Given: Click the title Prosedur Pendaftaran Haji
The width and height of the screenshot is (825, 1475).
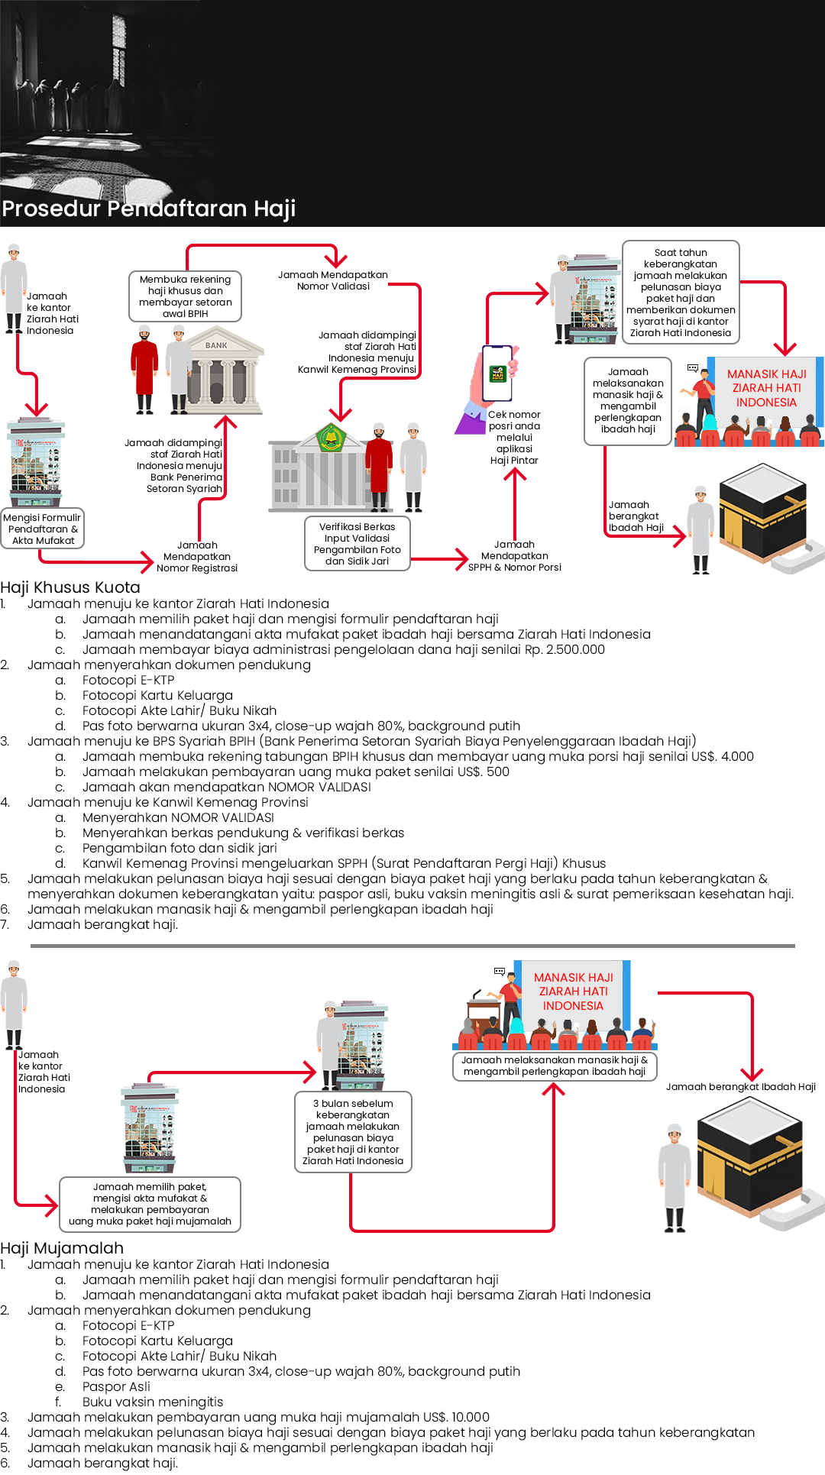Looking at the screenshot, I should coord(149,209).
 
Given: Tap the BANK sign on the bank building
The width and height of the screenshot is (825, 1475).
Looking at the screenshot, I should coord(216,345).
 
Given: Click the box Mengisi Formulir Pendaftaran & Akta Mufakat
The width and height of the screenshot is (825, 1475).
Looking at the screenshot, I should coord(43,529).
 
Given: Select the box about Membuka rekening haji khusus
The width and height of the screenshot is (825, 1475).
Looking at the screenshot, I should coord(186,296).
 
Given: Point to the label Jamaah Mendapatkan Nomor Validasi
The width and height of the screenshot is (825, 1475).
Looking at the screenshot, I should coord(333,280).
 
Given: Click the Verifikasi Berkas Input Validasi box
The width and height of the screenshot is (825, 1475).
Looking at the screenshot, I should coord(357,544).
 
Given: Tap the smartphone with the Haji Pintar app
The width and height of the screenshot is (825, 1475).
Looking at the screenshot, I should coord(498,374).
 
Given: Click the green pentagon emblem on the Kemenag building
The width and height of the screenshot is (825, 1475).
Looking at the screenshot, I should coord(331,438).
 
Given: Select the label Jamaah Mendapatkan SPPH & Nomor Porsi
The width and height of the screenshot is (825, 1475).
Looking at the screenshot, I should coord(514,556).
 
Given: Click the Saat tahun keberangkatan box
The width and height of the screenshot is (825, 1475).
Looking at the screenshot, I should coord(681,293).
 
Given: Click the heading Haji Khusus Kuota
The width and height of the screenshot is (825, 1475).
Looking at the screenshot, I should coord(70,587).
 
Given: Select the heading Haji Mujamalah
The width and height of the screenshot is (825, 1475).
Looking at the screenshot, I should coord(62,1248).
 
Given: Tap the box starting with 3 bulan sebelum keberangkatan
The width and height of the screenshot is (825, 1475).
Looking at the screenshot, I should coord(353,1132).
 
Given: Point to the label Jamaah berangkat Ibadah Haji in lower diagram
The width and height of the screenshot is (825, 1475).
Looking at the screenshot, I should coord(740,1087).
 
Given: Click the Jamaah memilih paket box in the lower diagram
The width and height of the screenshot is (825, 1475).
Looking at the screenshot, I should coord(150,1204).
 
